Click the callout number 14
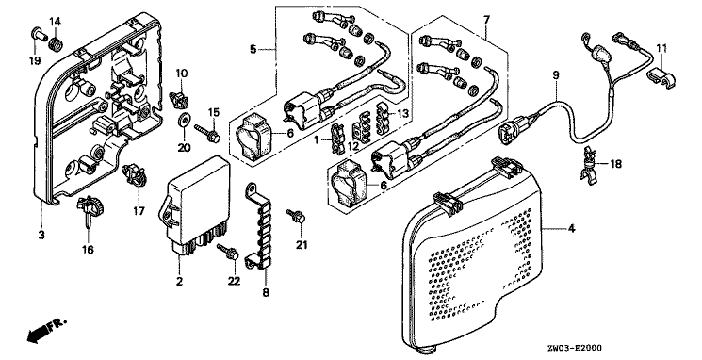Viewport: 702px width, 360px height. pyautogui.click(x=55, y=21)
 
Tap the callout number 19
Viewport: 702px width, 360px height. pyautogui.click(x=35, y=60)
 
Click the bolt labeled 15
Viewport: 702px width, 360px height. pyautogui.click(x=207, y=134)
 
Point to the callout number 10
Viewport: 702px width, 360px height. pyautogui.click(x=181, y=73)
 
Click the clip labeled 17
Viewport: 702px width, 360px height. pyautogui.click(x=137, y=175)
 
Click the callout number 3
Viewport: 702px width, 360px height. pyautogui.click(x=41, y=234)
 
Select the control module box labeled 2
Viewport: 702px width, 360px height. pyautogui.click(x=195, y=209)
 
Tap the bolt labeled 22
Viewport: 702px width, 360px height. pyautogui.click(x=228, y=252)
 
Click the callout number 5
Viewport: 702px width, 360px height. pyautogui.click(x=253, y=49)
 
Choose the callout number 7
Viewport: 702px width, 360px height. pyautogui.click(x=486, y=20)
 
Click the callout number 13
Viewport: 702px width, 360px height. pyautogui.click(x=403, y=114)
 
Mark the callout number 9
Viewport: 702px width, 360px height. pyautogui.click(x=556, y=75)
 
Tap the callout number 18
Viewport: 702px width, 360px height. pyautogui.click(x=616, y=164)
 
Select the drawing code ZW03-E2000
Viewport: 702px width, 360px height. pyautogui.click(x=574, y=348)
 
